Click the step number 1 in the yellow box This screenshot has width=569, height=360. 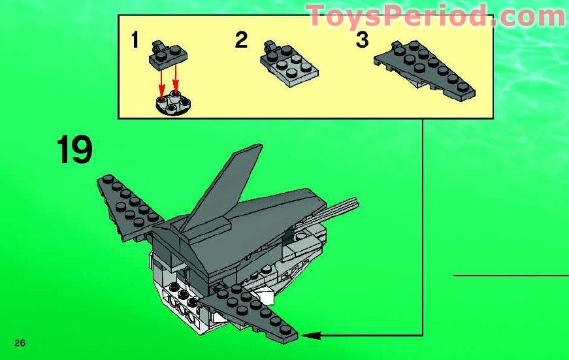(135, 41)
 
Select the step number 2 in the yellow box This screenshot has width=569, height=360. (242, 41)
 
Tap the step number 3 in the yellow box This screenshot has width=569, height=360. (362, 41)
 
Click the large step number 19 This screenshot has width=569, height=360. (74, 150)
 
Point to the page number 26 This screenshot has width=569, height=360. (19, 343)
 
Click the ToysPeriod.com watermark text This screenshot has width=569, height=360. (436, 16)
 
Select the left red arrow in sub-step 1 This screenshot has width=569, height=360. (161, 84)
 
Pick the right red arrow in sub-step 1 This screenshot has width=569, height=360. (175, 82)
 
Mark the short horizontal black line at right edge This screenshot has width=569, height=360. (510, 275)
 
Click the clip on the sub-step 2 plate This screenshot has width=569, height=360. (268, 46)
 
